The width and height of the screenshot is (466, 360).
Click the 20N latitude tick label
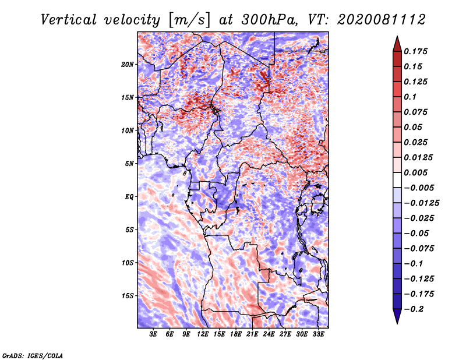point(128,65)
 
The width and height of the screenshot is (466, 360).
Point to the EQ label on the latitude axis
point(129,197)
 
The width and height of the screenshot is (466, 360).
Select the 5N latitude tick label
point(129,164)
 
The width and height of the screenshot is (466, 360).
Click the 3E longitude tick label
point(153,334)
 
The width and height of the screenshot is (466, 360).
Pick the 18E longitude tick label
point(236,334)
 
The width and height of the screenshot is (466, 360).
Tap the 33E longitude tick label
point(318,334)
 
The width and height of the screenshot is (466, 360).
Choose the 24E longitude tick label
point(269,334)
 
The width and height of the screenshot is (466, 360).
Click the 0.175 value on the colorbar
point(415,51)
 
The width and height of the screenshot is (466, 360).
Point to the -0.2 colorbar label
point(414,309)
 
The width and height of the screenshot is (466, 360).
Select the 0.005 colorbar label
point(415,172)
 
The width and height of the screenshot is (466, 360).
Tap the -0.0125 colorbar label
point(421,203)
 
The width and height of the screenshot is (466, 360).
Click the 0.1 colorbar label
point(410,97)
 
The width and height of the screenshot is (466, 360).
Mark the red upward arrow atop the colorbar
point(397,44)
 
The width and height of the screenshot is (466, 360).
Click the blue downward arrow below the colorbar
point(397,316)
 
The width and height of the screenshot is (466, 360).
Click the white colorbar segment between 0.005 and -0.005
point(397,180)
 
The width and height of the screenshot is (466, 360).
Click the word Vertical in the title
point(69,20)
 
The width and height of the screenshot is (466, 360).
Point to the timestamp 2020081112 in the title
point(382,20)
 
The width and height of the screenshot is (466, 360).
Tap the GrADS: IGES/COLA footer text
point(32,355)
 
